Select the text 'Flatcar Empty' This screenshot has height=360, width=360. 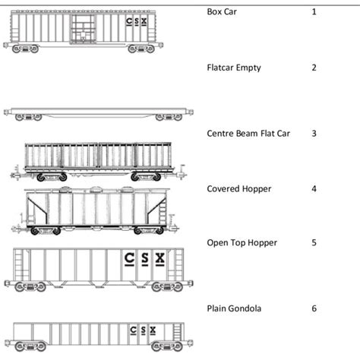pyautogui.click(x=234, y=68)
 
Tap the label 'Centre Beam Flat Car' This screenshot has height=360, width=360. pyautogui.click(x=248, y=133)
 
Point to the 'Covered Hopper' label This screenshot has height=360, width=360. pyautogui.click(x=238, y=188)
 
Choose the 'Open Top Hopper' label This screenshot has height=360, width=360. pyautogui.click(x=242, y=242)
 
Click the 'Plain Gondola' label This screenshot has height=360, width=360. pyautogui.click(x=235, y=308)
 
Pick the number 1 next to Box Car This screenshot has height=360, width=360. pyautogui.click(x=314, y=12)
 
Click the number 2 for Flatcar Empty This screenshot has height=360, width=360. pyautogui.click(x=314, y=68)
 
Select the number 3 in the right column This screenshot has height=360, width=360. pyautogui.click(x=314, y=133)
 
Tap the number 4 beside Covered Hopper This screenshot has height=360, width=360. pyautogui.click(x=314, y=188)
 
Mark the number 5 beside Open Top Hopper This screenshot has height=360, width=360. pyautogui.click(x=314, y=242)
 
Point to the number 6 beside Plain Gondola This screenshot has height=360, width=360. pyautogui.click(x=314, y=308)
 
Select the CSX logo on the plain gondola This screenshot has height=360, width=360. pyautogui.click(x=143, y=330)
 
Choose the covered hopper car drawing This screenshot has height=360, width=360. pyautogui.click(x=95, y=208)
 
